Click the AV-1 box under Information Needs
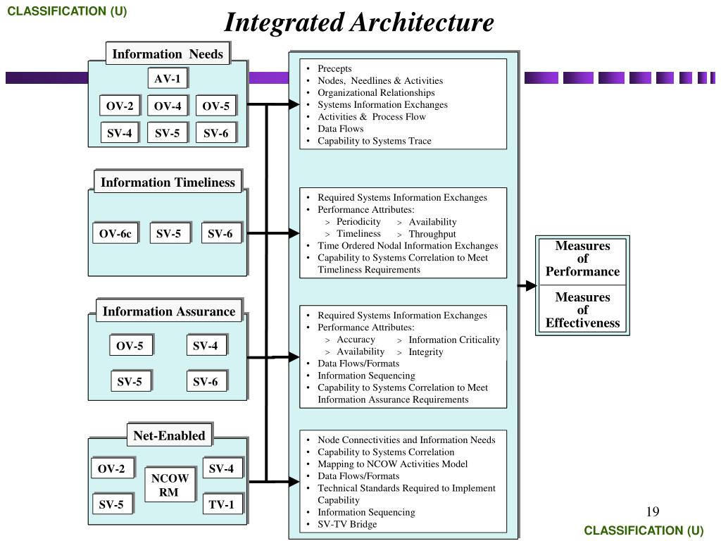(x=168, y=79)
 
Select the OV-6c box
(x=115, y=234)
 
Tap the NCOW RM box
(x=169, y=485)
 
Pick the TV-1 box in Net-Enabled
(x=221, y=504)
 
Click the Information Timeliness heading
(x=168, y=182)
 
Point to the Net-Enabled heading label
(x=169, y=435)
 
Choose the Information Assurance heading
(x=169, y=311)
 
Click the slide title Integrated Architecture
(x=359, y=23)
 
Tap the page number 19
(x=651, y=511)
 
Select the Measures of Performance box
(x=582, y=259)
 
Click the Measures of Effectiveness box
(x=582, y=310)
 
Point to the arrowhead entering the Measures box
(x=531, y=285)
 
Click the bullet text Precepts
(x=334, y=68)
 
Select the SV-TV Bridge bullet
(x=347, y=524)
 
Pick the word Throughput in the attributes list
(x=432, y=234)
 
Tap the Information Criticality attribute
(x=454, y=340)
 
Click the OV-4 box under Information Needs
(x=168, y=106)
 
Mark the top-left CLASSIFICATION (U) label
(x=68, y=11)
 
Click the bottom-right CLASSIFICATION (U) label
(x=644, y=530)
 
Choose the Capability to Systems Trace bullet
(x=374, y=141)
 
